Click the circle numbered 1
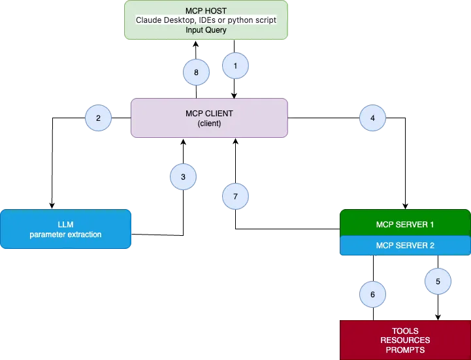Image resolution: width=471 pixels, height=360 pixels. (236, 65)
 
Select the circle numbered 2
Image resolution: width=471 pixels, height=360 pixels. (98, 118)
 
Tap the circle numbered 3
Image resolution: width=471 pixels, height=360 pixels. (183, 176)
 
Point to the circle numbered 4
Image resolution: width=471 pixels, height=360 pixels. (372, 118)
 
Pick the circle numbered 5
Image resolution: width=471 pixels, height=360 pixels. (438, 281)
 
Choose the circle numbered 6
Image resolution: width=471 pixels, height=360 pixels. (372, 295)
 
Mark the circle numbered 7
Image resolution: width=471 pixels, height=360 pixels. (236, 196)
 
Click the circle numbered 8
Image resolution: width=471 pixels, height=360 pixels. (196, 72)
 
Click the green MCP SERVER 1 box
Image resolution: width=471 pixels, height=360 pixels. (405, 223)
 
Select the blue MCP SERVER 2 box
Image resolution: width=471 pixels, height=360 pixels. (405, 246)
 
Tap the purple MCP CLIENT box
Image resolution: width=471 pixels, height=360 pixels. (209, 118)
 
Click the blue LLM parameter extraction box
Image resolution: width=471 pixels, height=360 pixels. (65, 229)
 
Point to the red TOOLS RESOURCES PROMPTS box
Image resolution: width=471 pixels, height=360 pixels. (405, 340)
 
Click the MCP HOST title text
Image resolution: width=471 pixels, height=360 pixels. (206, 11)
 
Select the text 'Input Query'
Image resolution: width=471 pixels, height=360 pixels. (206, 29)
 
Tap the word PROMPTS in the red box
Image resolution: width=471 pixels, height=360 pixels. (405, 350)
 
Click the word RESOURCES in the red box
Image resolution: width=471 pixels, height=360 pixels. (405, 340)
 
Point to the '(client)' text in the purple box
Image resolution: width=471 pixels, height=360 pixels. (209, 123)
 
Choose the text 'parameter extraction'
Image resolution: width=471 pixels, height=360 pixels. (65, 235)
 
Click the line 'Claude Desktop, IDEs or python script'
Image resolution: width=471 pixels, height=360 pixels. (206, 20)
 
